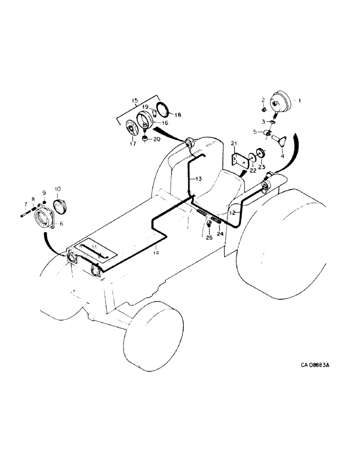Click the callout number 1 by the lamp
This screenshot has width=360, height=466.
point(300,100)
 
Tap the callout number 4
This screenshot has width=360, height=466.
point(282,157)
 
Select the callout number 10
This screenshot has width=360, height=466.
point(58,189)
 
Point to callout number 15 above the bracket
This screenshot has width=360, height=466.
point(135,101)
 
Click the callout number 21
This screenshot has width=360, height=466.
point(235,143)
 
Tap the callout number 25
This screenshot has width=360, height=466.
point(208,238)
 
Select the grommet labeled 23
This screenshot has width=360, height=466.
point(261,155)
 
